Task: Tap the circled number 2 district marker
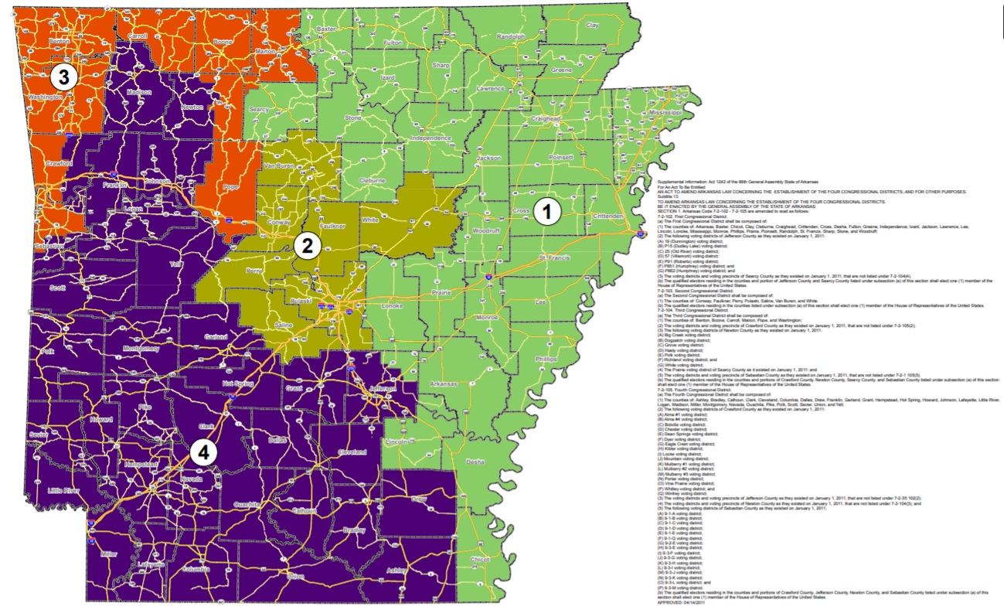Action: pos(307,246)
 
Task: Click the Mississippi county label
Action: pos(666,113)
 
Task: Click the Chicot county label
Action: pos(479,559)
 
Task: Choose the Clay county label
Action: pos(592,26)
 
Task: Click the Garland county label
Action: pos(216,337)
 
